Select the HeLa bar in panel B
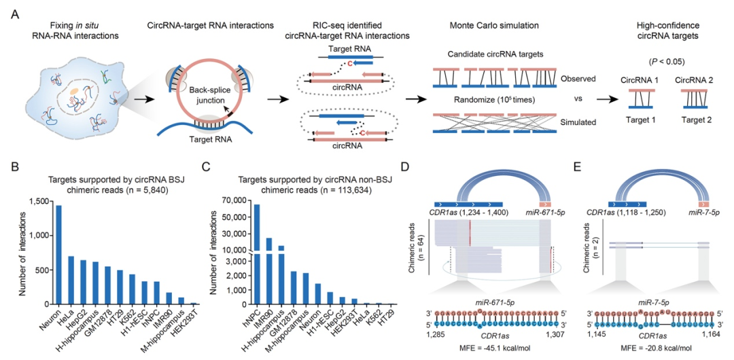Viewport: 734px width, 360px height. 71,281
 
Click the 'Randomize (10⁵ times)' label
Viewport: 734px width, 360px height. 485,101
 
